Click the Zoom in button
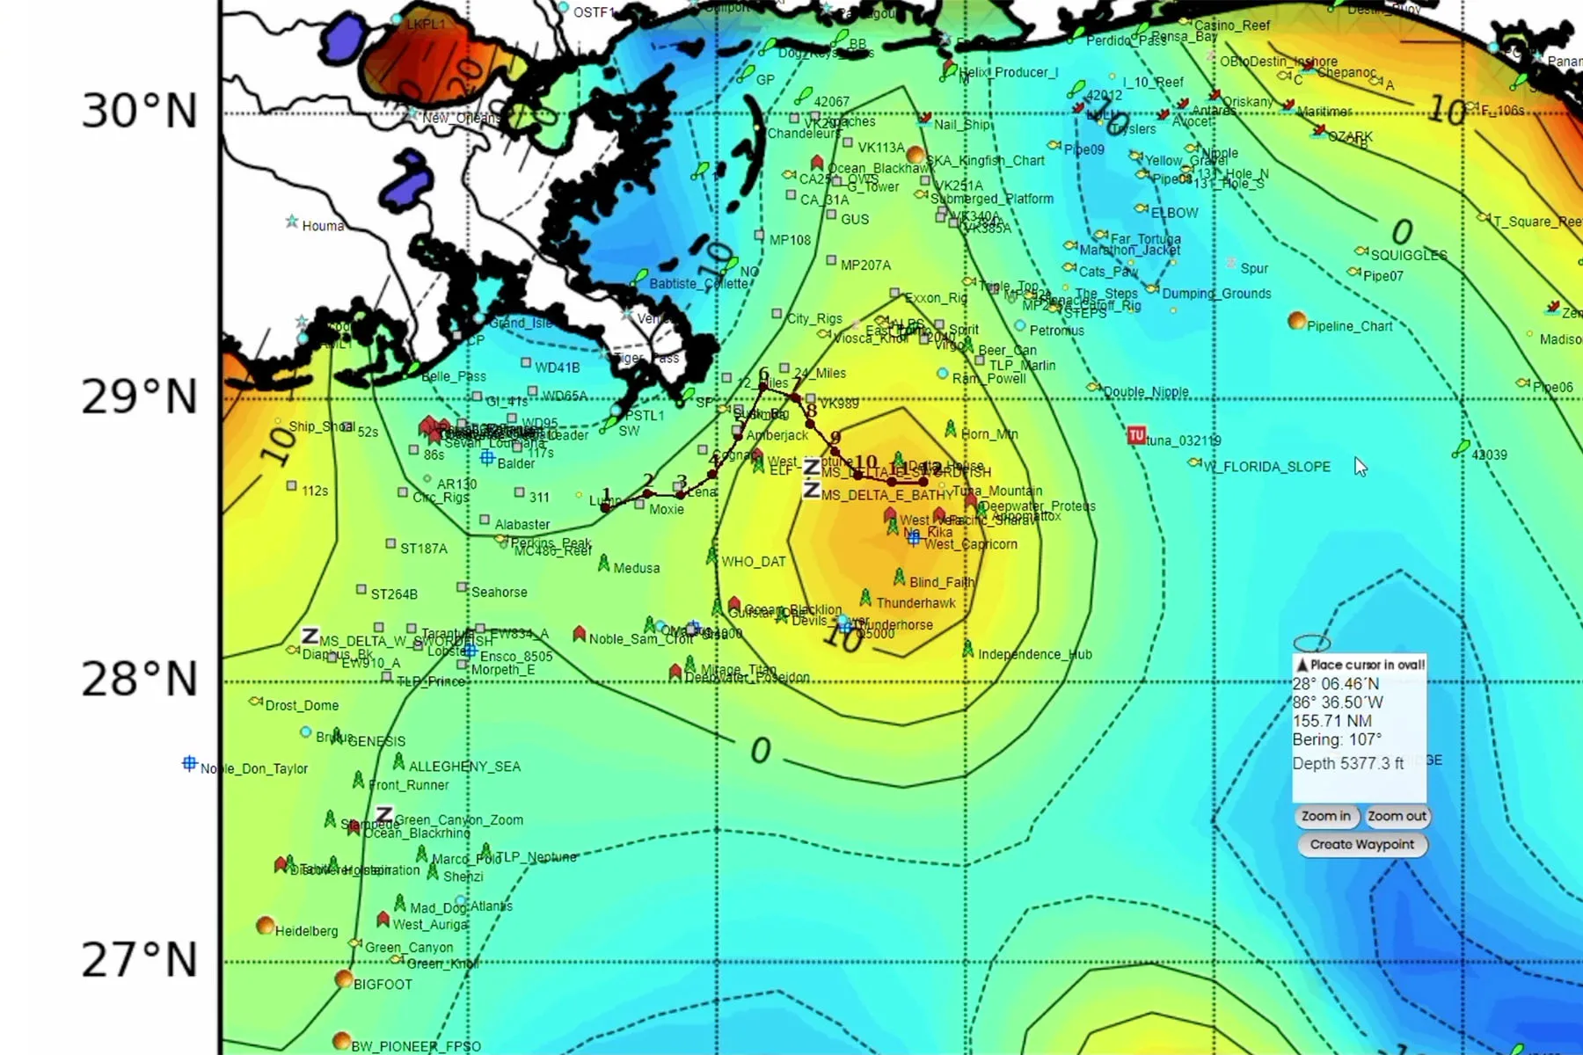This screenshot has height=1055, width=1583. pos(1326,817)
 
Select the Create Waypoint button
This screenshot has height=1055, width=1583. pos(1361,845)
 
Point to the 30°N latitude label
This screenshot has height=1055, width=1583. pos(140,112)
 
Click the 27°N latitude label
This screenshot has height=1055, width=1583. pos(140,960)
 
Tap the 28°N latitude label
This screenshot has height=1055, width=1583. pos(140,680)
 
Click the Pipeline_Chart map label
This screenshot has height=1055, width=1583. pos(1349,326)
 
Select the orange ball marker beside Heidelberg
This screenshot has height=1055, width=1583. pos(265,925)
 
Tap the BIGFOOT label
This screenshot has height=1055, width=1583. pos(383,985)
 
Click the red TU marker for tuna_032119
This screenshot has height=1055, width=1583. pos(1136,435)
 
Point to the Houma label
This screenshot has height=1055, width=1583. pos(323,226)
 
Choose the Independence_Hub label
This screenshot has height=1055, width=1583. pos(1034,654)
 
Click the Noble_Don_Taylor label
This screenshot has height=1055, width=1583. pos(253,768)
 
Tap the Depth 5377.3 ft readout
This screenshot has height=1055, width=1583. pos(1347,763)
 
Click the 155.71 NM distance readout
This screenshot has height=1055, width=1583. pos(1331,721)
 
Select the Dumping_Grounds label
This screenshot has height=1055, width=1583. pos(1216,294)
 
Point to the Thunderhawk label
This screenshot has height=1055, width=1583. pos(916,603)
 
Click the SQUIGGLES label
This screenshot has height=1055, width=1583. pos(1408,255)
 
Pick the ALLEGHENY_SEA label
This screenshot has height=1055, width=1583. pos(464,767)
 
